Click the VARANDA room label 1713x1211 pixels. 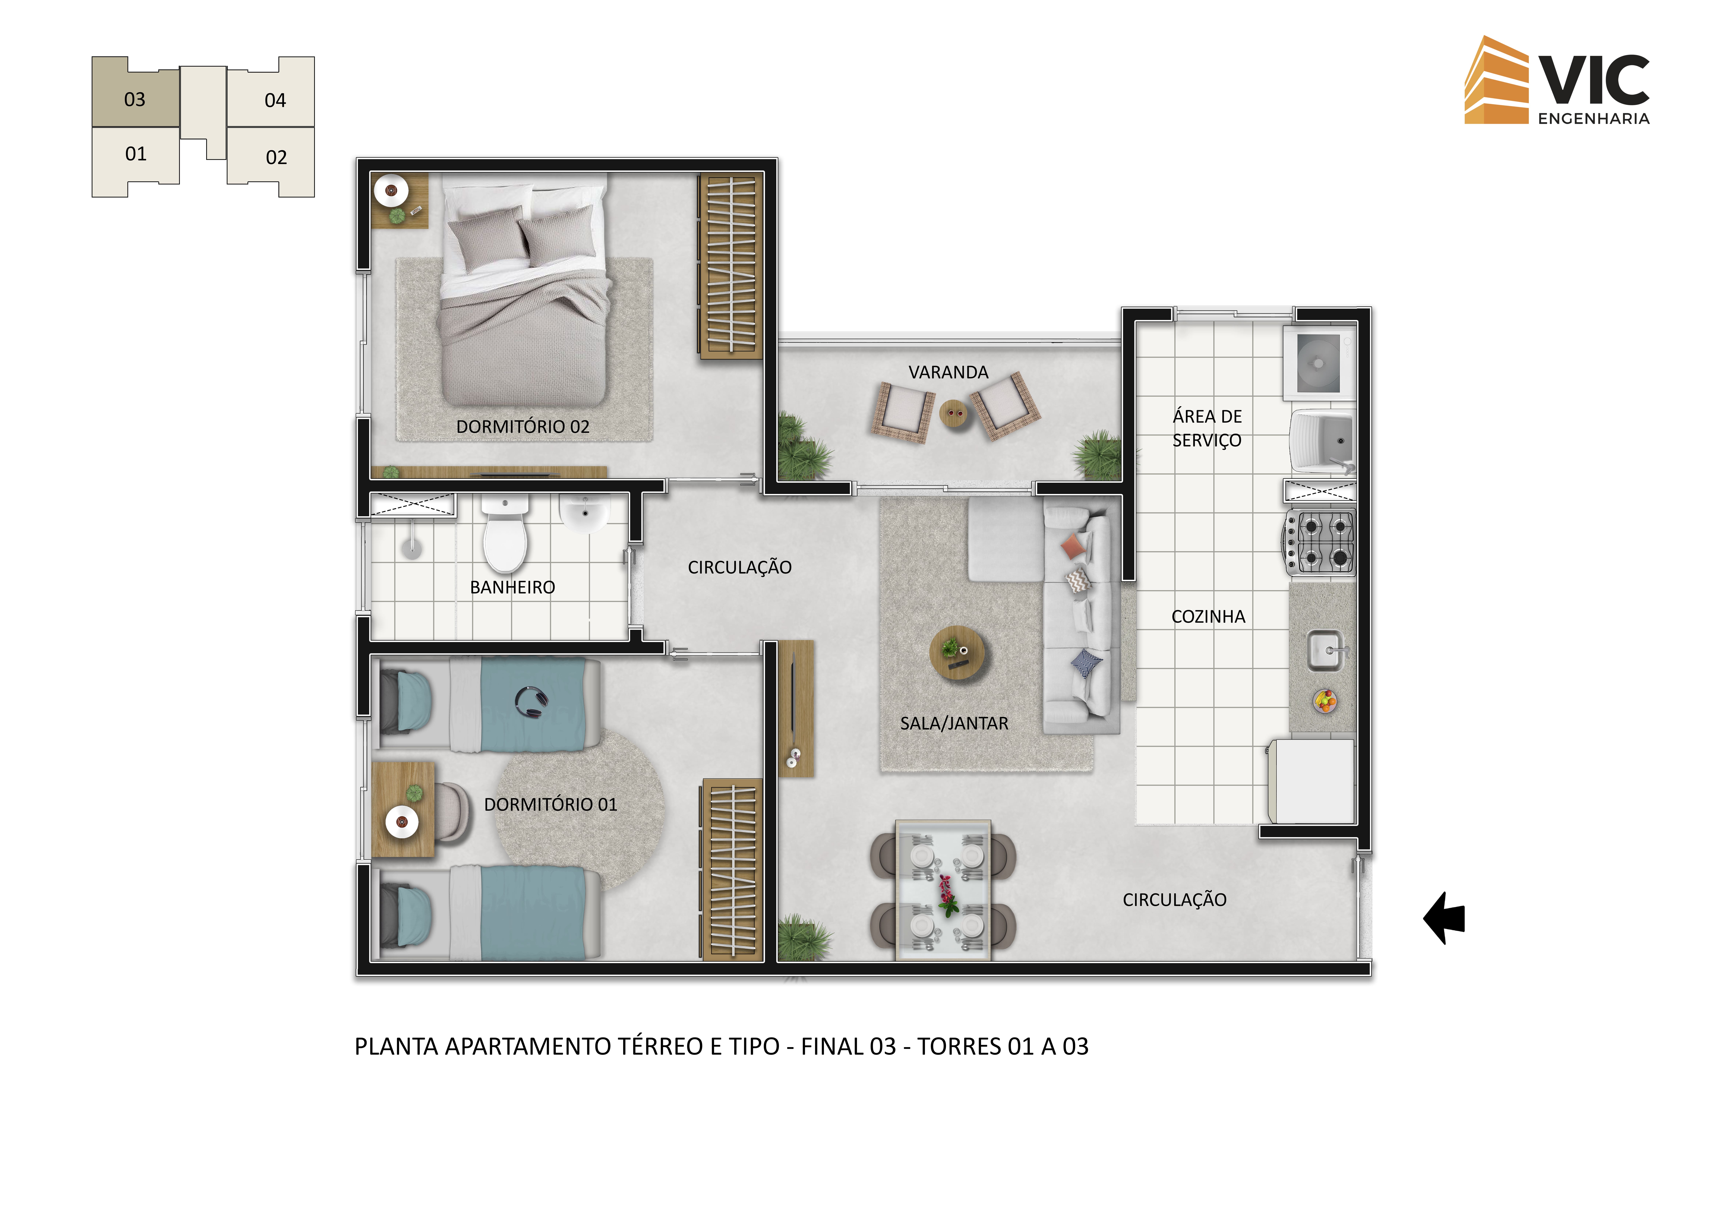948,372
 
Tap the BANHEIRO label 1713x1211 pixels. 513,588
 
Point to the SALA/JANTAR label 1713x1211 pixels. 954,723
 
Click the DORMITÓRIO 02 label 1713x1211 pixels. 523,426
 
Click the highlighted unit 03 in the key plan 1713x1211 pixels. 135,92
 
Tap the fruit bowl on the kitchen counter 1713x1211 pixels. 1325,701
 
